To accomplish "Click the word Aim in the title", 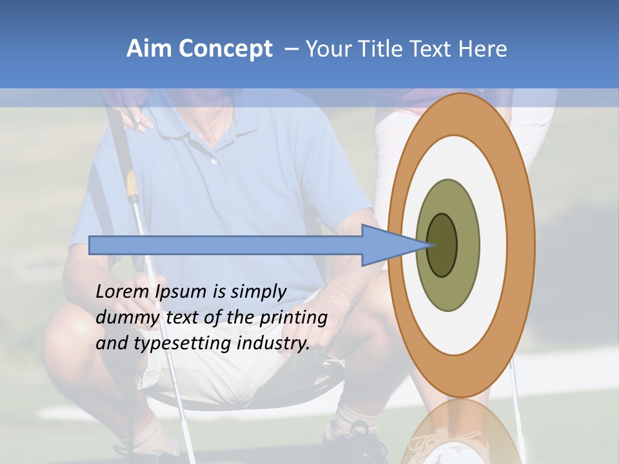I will pos(148,49).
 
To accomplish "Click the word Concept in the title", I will pos(226,49).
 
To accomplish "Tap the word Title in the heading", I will pos(384,49).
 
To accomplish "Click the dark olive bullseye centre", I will pos(442,245).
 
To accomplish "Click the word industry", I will pos(273,343).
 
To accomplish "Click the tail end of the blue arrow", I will pos(91,245).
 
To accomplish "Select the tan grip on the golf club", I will pos(132,187).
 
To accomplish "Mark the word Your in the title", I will pos(328,49).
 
